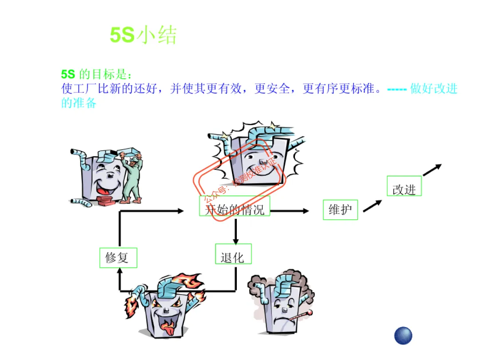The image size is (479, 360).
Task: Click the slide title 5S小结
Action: (143, 35)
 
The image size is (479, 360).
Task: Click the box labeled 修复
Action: (118, 257)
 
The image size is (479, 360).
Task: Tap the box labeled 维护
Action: (340, 210)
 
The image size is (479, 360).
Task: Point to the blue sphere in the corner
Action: (403, 335)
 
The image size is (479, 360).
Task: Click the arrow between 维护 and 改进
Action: (372, 206)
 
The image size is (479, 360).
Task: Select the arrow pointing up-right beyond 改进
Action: (432, 170)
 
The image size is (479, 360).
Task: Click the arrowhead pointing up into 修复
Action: (119, 271)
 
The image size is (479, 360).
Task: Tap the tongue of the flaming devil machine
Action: (168, 327)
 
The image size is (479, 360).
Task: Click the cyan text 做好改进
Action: (433, 89)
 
